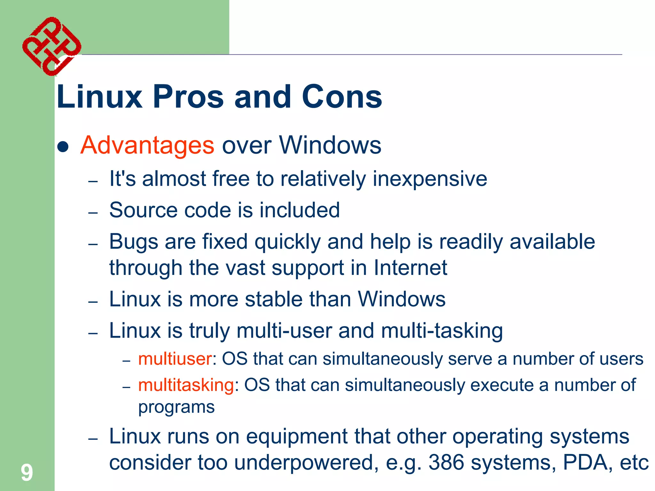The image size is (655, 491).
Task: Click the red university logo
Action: point(51,46)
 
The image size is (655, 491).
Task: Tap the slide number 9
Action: point(27,472)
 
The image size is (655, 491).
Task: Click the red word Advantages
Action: point(147,145)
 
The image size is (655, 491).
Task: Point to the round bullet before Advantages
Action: point(63,147)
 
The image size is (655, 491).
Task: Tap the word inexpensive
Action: point(430,179)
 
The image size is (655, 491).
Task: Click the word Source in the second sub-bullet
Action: point(143,210)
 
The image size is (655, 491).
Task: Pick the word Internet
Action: point(410,268)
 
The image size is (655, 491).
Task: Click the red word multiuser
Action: point(175,359)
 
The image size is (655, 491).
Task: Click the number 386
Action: point(446,463)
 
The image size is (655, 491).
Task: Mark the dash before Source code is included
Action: point(93,213)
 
